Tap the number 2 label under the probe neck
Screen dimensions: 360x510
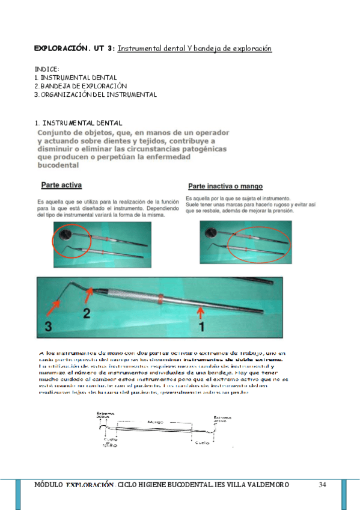pos(87,313)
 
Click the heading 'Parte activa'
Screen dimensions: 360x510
pos(62,185)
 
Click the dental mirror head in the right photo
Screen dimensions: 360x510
pos(212,232)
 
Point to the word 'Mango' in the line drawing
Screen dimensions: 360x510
pos(155,422)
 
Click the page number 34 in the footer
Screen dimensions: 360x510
pos(322,485)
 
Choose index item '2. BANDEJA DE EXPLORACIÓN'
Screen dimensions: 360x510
pos(81,86)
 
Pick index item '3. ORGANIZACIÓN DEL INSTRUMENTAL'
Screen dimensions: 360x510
pos(96,94)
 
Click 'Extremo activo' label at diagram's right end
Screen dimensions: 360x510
pos(222,419)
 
